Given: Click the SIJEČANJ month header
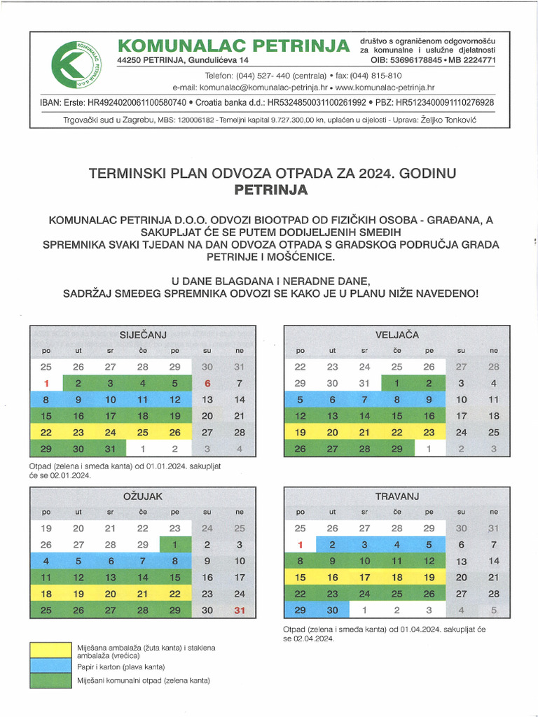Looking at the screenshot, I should pyautogui.click(x=143, y=335).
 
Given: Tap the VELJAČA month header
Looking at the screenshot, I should pyautogui.click(x=396, y=335).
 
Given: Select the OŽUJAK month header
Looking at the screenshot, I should pyautogui.click(x=143, y=496).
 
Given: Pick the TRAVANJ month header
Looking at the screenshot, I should pyautogui.click(x=396, y=496).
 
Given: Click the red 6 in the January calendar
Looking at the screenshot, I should pyautogui.click(x=207, y=383).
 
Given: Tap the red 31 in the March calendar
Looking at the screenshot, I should pyautogui.click(x=240, y=610).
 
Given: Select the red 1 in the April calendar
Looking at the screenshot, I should pyautogui.click(x=300, y=545).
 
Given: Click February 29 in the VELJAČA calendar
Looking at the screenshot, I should pyautogui.click(x=396, y=449).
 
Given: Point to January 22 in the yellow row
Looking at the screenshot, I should pyautogui.click(x=46, y=433).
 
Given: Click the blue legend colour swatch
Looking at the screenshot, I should pyautogui.click(x=50, y=666).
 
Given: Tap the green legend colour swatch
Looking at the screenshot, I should pyautogui.click(x=50, y=680).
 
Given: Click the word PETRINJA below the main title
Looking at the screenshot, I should pyautogui.click(x=270, y=189).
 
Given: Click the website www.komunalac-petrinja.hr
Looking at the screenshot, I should pyautogui.click(x=385, y=88).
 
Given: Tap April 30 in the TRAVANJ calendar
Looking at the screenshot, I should pyautogui.click(x=332, y=610).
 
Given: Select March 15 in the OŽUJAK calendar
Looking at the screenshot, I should pyautogui.click(x=175, y=578).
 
